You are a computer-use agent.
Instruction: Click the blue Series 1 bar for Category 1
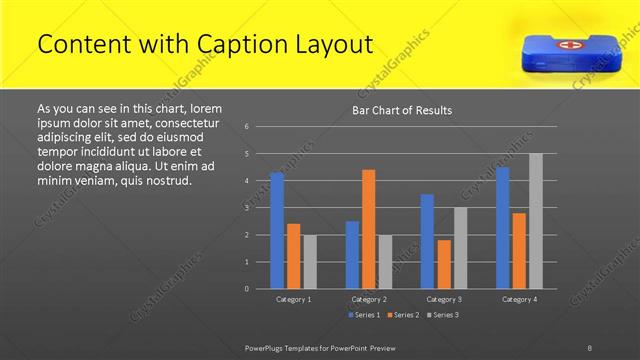coord(277,230)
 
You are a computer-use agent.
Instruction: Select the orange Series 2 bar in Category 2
coord(368,229)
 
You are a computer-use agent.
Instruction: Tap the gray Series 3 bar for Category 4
coord(535,221)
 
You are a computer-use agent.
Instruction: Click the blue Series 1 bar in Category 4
coord(502,228)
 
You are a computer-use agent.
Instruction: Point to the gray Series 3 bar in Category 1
coord(309,262)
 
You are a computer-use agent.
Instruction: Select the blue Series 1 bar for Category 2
coord(352,255)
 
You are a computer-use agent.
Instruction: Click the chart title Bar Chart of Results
coord(402,110)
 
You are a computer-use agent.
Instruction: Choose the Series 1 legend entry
coord(363,315)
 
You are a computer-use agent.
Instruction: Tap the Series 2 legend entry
coord(402,315)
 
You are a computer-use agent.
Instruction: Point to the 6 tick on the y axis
coord(246,127)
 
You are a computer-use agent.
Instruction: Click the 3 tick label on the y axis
coord(246,208)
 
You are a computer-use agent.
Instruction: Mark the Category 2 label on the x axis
coord(368,299)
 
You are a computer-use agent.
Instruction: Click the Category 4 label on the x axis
coord(518,299)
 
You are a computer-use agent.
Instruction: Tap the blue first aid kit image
coord(557,50)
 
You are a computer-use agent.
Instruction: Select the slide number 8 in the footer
coord(590,347)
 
